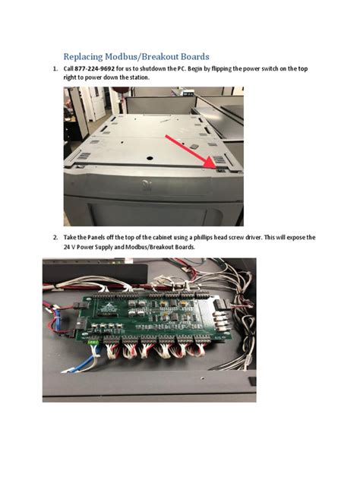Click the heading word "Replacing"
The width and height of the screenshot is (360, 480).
(x=86, y=57)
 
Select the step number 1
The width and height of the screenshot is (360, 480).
(x=55, y=70)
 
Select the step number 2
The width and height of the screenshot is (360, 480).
(x=55, y=238)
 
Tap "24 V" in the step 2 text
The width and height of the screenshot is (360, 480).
(x=70, y=247)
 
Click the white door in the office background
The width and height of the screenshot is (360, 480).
(x=97, y=103)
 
